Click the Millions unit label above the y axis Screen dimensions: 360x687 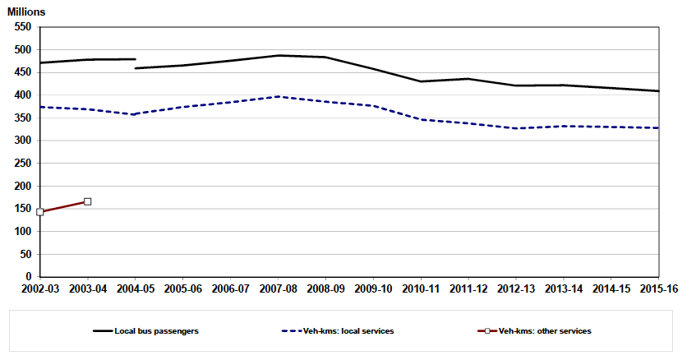(x=27, y=12)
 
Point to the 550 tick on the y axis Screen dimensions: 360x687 (x=21, y=27)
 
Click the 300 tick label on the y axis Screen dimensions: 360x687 (x=21, y=141)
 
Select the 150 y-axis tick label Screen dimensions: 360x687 (x=21, y=209)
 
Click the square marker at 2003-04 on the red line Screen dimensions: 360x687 (x=87, y=201)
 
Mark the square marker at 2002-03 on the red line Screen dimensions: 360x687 (x=39, y=212)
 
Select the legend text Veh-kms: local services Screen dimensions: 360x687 (x=348, y=331)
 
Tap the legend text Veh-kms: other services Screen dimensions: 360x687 (x=545, y=331)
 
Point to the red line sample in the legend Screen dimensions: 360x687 (x=486, y=331)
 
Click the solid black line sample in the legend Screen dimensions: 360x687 (x=103, y=331)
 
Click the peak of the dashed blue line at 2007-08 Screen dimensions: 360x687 (x=278, y=96)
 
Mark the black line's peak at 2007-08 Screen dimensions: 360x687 (x=278, y=55)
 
